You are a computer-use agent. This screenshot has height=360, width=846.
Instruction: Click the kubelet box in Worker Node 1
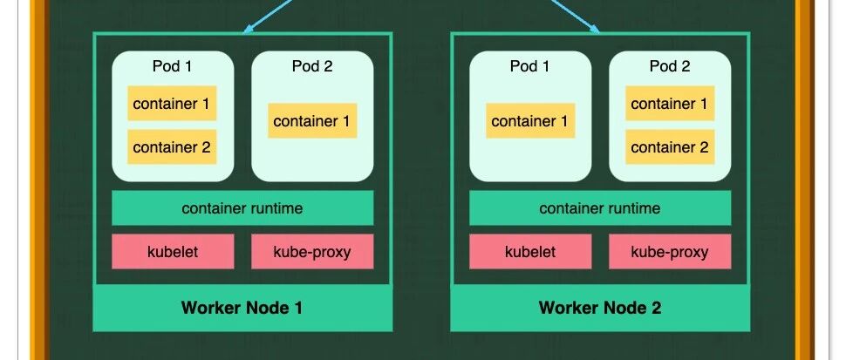tap(173, 252)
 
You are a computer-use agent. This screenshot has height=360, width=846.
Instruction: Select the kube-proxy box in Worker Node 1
tap(312, 252)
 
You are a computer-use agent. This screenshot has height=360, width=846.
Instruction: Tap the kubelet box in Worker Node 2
tap(530, 252)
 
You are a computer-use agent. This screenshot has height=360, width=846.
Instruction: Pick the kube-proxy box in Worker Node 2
tap(670, 252)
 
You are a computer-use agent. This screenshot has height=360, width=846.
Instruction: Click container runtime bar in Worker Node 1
tap(242, 208)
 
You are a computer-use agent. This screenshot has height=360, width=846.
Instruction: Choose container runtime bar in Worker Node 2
tap(600, 208)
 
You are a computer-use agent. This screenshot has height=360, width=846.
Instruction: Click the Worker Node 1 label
tap(242, 308)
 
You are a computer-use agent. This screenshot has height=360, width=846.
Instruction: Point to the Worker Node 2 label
tap(600, 308)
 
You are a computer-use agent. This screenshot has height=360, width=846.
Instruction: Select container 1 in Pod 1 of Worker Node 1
tap(172, 104)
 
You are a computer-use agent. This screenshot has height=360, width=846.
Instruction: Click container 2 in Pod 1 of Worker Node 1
tap(172, 147)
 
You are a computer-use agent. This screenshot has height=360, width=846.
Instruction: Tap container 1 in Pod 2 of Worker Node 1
tap(311, 121)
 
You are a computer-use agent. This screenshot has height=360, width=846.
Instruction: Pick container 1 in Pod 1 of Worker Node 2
tap(529, 121)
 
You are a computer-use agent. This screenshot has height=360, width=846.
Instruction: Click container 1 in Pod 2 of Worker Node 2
tap(670, 104)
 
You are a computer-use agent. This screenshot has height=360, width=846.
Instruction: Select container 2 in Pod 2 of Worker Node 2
tap(670, 147)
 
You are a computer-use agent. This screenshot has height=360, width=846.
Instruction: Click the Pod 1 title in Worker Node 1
tap(173, 66)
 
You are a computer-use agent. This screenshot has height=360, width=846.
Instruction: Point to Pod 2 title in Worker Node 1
tap(312, 66)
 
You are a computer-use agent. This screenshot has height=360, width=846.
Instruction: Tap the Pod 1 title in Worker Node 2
tap(530, 66)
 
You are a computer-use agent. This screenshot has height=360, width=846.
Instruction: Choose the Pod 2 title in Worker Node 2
tap(670, 66)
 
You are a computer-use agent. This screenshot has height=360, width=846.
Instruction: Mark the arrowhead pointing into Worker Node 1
tap(249, 30)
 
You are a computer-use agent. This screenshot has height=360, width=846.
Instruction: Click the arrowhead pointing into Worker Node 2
tap(595, 29)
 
